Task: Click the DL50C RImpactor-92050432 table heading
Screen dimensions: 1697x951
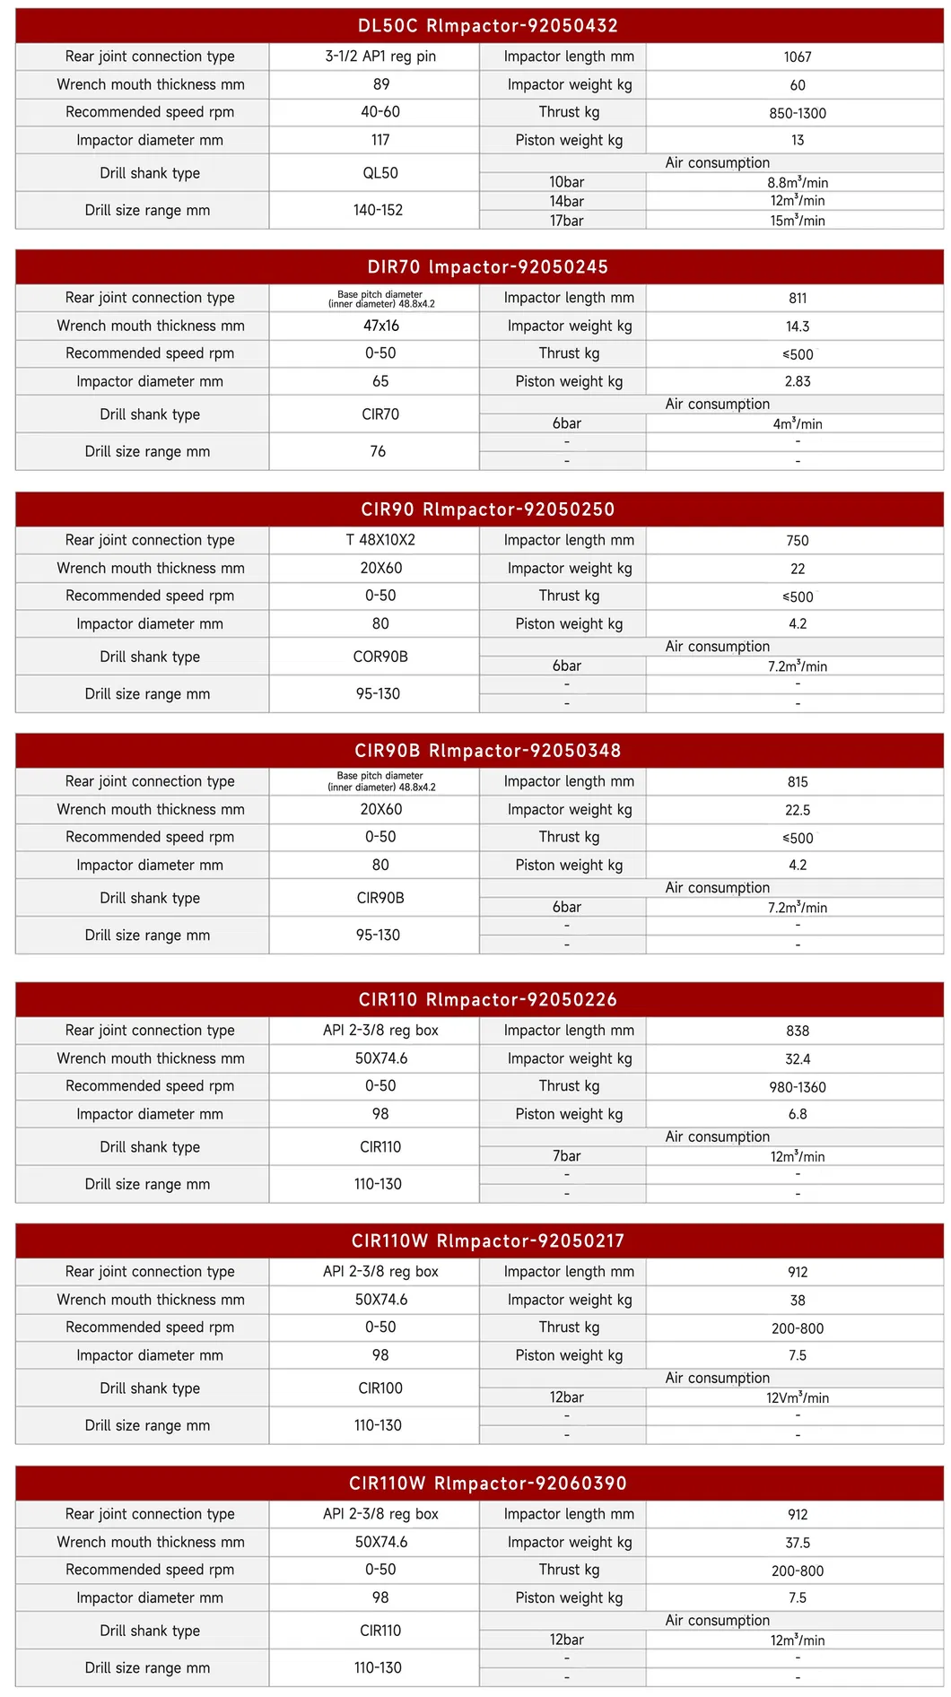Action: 487,26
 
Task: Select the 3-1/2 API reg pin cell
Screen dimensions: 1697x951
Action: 380,57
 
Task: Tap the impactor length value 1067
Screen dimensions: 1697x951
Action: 797,57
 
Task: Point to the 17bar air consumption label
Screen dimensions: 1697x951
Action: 566,221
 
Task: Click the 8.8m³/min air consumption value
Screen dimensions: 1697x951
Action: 797,183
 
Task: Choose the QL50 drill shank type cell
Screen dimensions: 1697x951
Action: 380,173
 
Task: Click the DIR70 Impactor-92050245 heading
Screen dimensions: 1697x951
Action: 487,267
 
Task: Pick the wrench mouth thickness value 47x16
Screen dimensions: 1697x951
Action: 380,326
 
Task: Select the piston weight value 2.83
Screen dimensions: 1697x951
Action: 797,381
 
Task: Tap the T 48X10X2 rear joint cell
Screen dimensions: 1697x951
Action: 380,540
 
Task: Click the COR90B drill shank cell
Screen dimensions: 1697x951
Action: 380,657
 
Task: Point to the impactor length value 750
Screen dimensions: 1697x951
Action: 797,541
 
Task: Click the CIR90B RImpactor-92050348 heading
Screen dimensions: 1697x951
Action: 487,751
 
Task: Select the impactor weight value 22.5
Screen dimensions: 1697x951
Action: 797,810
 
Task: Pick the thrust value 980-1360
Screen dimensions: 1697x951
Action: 797,1087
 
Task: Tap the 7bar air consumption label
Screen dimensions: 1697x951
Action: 566,1156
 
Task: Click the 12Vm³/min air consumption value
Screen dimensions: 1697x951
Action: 797,1397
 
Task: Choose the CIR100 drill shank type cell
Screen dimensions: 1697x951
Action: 380,1388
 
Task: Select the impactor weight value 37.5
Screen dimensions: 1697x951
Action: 797,1543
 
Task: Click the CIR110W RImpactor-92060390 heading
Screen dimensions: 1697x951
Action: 487,1484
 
